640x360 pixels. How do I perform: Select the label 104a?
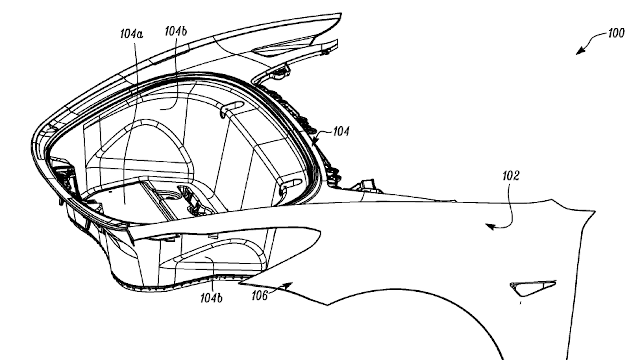tap(131, 34)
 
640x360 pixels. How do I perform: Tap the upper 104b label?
tap(176, 31)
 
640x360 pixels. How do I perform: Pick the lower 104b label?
tap(211, 298)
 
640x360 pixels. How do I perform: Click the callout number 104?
tap(341, 131)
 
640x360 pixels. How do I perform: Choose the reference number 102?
tap(511, 176)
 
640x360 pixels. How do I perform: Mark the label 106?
tap(259, 295)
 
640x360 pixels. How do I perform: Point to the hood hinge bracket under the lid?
tap(280, 71)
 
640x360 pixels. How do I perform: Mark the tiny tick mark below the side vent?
tap(520, 303)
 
